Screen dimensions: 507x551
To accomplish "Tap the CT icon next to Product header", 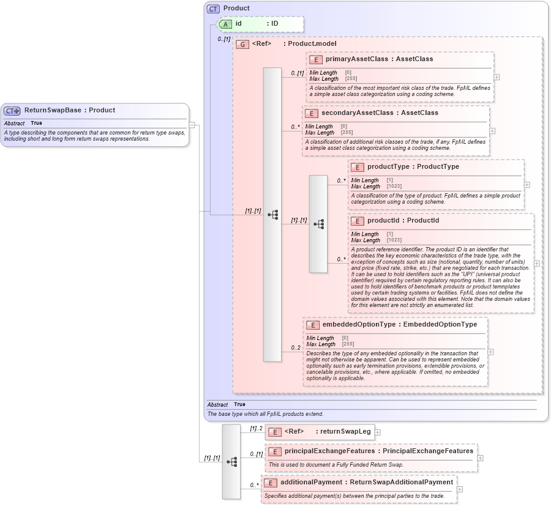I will pyautogui.click(x=213, y=9).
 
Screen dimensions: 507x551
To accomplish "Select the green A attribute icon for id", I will pyautogui.click(x=225, y=24).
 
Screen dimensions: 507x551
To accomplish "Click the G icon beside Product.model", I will pyautogui.click(x=242, y=45).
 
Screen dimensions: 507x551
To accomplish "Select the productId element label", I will pyautogui.click(x=386, y=221).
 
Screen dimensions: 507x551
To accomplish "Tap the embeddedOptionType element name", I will pyautogui.click(x=359, y=325).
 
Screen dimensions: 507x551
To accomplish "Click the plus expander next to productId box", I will pyautogui.click(x=537, y=264).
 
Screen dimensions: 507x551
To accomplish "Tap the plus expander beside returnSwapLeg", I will pyautogui.click(x=378, y=432).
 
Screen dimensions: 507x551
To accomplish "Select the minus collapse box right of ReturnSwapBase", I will pyautogui.click(x=192, y=125).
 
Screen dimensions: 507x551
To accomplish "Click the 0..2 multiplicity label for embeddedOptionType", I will pyautogui.click(x=296, y=348).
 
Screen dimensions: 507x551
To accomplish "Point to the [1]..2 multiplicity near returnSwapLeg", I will pyautogui.click(x=256, y=429).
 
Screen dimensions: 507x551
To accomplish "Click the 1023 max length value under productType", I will pyautogui.click(x=394, y=187).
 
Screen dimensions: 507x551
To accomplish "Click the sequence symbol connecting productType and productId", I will pyautogui.click(x=318, y=224).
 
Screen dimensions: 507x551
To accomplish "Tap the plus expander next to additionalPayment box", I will pyautogui.click(x=460, y=489).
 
